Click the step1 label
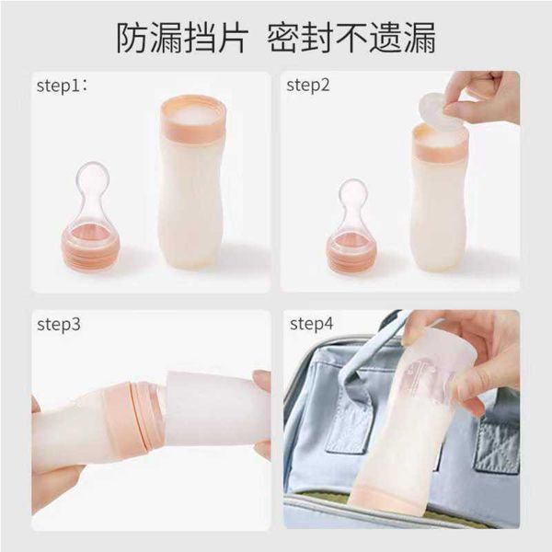(x=62, y=86)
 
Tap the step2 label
(x=308, y=86)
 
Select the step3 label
(x=59, y=324)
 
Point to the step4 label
(x=311, y=324)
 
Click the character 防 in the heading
(x=132, y=39)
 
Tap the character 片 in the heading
(x=232, y=39)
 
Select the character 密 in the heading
(x=282, y=39)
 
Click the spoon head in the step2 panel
(x=353, y=192)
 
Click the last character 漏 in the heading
(x=419, y=39)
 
